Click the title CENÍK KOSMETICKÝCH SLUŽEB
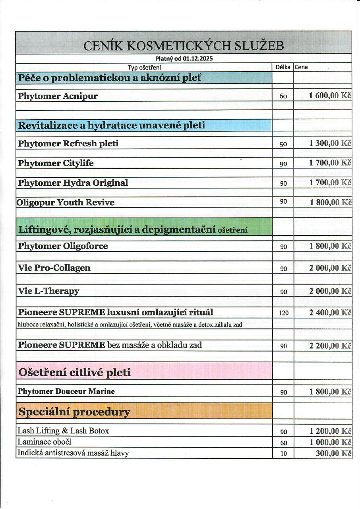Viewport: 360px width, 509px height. coord(184,46)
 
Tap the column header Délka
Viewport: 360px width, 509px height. coord(283,67)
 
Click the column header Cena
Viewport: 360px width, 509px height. coord(301,67)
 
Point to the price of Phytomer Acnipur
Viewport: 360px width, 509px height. coord(330,96)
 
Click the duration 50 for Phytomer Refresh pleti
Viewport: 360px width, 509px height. coord(283,144)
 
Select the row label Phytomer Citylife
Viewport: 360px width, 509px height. coord(56,163)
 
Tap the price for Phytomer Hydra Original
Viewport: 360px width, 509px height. coord(330,183)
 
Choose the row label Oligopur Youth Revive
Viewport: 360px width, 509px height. coord(66,202)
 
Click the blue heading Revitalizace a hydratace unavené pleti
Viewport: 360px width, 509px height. coord(111,126)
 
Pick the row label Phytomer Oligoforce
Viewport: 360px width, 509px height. coord(63,246)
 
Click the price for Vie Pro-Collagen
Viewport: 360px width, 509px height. coord(330,268)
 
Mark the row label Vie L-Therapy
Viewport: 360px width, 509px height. coord(48,291)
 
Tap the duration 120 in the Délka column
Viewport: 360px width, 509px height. coord(284,313)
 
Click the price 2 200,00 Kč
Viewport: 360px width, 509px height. coord(330,346)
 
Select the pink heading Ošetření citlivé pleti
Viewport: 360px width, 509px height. coord(74,373)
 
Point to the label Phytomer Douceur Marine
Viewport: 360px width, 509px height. coord(66,391)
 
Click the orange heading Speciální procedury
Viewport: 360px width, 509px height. coord(74,412)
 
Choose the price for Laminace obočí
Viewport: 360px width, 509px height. coord(330,442)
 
